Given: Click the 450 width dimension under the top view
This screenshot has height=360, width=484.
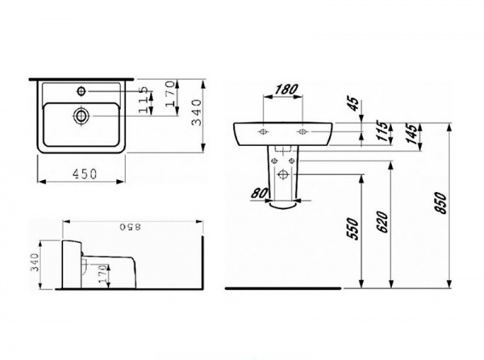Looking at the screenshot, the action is pyautogui.click(x=85, y=174).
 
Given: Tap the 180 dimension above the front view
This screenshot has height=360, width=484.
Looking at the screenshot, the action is pyautogui.click(x=286, y=90).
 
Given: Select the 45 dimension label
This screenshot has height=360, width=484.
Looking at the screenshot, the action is pyautogui.click(x=354, y=104).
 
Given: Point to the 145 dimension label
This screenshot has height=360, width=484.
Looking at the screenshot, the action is pyautogui.click(x=412, y=134).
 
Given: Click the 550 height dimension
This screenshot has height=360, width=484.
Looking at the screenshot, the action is pyautogui.click(x=353, y=228).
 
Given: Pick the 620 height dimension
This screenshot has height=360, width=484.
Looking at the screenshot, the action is pyautogui.click(x=382, y=222).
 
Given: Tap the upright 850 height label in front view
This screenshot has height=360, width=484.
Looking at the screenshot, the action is pyautogui.click(x=440, y=203).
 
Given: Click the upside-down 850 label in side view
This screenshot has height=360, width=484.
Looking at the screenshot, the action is pyautogui.click(x=130, y=227).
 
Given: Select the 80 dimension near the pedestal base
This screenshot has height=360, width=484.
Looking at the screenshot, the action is pyautogui.click(x=259, y=194).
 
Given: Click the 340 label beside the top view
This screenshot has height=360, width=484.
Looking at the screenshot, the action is pyautogui.click(x=197, y=112).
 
